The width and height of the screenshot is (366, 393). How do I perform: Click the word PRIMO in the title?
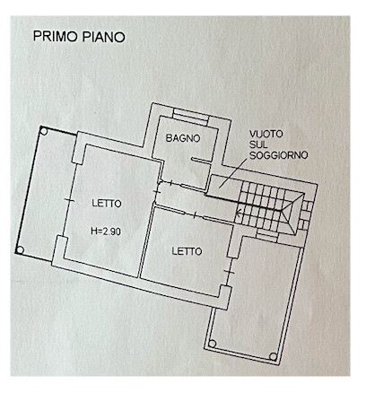pyautogui.click(x=56, y=37)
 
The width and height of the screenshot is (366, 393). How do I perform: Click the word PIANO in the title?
pyautogui.click(x=103, y=37)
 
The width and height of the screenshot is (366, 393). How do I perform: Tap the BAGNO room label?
pyautogui.click(x=183, y=138)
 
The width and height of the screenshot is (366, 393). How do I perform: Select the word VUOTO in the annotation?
pyautogui.click(x=266, y=134)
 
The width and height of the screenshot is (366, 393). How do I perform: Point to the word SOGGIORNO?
pyautogui.click(x=279, y=155)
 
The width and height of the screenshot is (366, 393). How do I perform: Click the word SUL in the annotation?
pyautogui.click(x=259, y=144)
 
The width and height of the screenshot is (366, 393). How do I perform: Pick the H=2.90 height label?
pyautogui.click(x=106, y=231)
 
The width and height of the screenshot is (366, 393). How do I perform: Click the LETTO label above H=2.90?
pyautogui.click(x=107, y=204)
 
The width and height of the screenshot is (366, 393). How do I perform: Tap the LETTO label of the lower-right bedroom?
pyautogui.click(x=187, y=251)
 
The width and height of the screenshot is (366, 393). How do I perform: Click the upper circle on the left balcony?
pyautogui.click(x=44, y=131)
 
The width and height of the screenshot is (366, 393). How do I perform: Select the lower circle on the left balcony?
pyautogui.click(x=20, y=250)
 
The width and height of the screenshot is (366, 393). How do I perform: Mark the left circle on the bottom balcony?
pyautogui.click(x=212, y=344)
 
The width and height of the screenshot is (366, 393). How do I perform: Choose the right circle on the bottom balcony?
pyautogui.click(x=273, y=356)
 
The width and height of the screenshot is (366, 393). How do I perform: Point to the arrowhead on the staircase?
pyautogui.click(x=239, y=214)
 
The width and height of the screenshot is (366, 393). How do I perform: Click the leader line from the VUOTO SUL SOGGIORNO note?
pyautogui.click(x=233, y=173)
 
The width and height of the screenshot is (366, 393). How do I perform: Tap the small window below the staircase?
pyautogui.click(x=267, y=235)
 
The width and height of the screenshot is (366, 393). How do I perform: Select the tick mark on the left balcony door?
pyautogui.click(x=69, y=200)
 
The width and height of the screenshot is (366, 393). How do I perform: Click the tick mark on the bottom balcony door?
pyautogui.click(x=229, y=271)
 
